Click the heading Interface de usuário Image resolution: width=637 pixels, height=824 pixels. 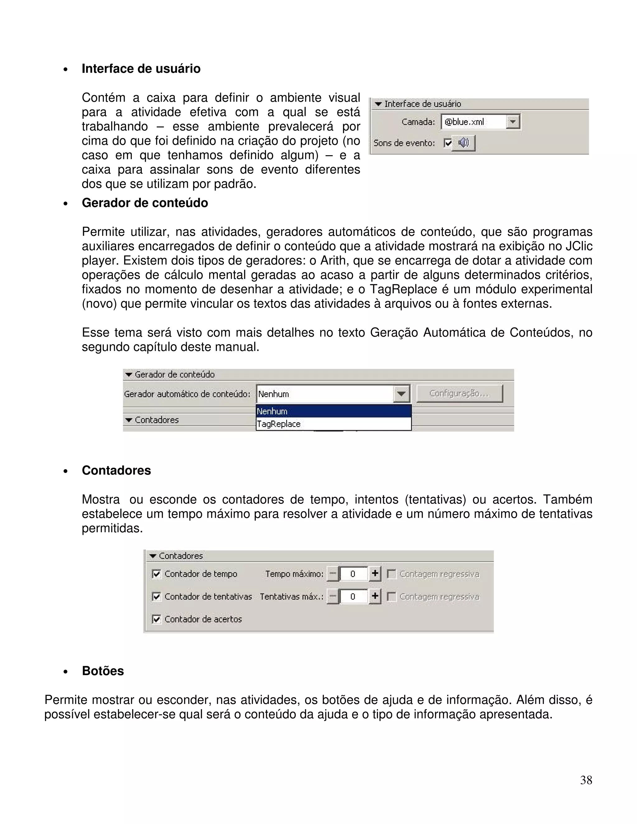pyautogui.click(x=141, y=69)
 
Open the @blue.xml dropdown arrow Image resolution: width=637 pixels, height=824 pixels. pyautogui.click(x=513, y=122)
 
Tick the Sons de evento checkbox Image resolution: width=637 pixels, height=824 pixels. pyautogui.click(x=448, y=143)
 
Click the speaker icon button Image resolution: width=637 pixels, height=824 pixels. pyautogui.click(x=463, y=143)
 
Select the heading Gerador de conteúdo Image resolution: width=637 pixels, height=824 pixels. pyautogui.click(x=145, y=203)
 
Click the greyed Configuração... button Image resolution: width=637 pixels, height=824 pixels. pyautogui.click(x=459, y=394)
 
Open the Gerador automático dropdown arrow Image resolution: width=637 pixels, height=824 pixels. pyautogui.click(x=401, y=394)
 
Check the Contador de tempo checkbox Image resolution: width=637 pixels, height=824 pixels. pyautogui.click(x=156, y=574)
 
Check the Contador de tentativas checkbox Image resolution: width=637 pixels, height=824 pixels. pyautogui.click(x=156, y=596)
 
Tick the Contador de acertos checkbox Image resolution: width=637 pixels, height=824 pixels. pyautogui.click(x=156, y=619)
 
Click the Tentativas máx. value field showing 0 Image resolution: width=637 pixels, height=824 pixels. pyautogui.click(x=353, y=596)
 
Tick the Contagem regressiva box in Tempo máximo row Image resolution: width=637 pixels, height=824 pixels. pyautogui.click(x=391, y=574)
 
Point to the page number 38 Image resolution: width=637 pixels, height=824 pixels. pyautogui.click(x=586, y=780)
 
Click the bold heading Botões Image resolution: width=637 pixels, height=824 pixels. pyautogui.click(x=103, y=671)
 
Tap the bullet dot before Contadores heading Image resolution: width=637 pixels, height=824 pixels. pyautogui.click(x=66, y=471)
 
